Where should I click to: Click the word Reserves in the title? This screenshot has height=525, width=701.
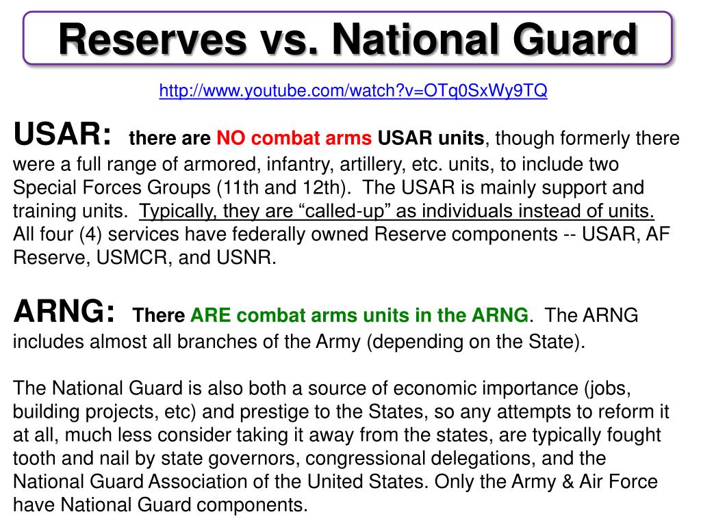(x=152, y=39)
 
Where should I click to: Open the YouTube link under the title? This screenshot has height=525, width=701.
(x=353, y=91)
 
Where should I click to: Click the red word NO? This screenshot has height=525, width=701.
(x=230, y=139)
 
